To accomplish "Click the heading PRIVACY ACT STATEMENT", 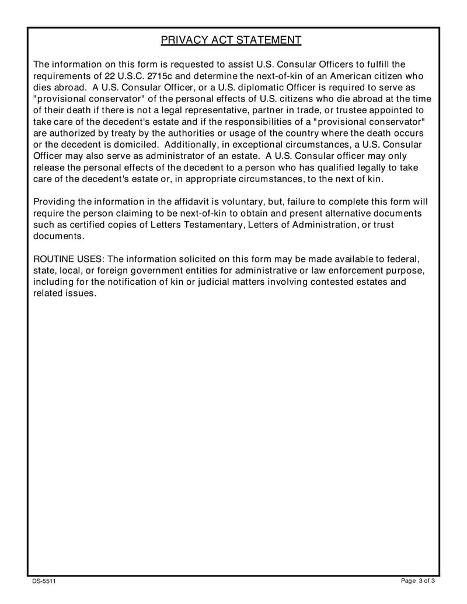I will (x=231, y=40).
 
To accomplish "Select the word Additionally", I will (x=194, y=144).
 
